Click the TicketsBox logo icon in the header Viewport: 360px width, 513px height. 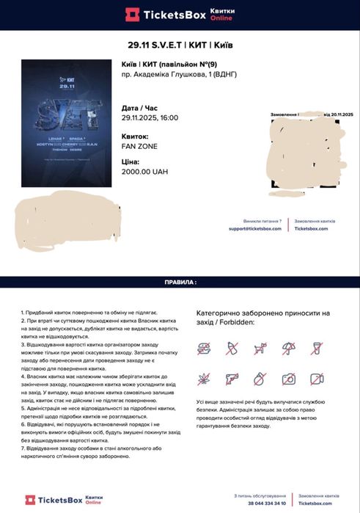(132, 14)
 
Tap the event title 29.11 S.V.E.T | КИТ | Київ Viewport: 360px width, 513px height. (180, 45)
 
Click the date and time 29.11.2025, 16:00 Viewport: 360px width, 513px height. (150, 117)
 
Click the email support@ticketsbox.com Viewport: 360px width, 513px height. (255, 228)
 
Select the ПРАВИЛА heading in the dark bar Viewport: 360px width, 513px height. (180, 282)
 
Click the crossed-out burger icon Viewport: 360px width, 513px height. (203, 349)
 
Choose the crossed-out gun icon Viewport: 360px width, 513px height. (232, 379)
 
